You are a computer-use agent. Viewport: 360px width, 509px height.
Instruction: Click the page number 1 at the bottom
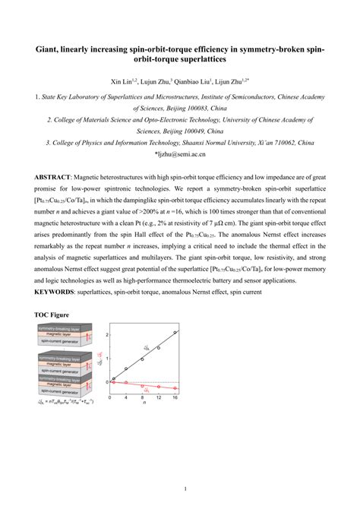coord(180,489)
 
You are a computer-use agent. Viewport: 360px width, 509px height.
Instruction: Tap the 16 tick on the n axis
coord(176,398)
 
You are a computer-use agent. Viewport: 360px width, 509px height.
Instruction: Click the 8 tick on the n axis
coord(144,398)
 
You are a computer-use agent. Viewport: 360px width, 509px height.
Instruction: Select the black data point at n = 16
coord(175,332)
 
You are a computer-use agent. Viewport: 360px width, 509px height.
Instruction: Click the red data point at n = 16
coord(175,388)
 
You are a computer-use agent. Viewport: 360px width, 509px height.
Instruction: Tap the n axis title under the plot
coord(144,406)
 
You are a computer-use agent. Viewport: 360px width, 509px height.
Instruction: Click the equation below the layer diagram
coord(67,402)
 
